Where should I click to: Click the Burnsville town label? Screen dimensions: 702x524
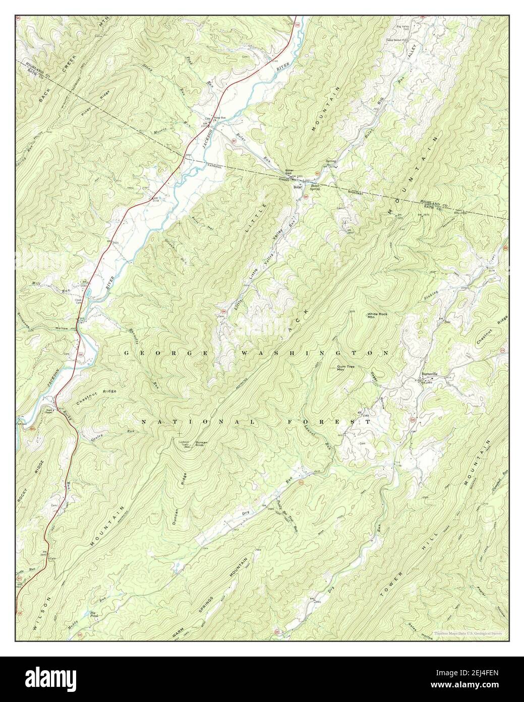click(429, 375)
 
